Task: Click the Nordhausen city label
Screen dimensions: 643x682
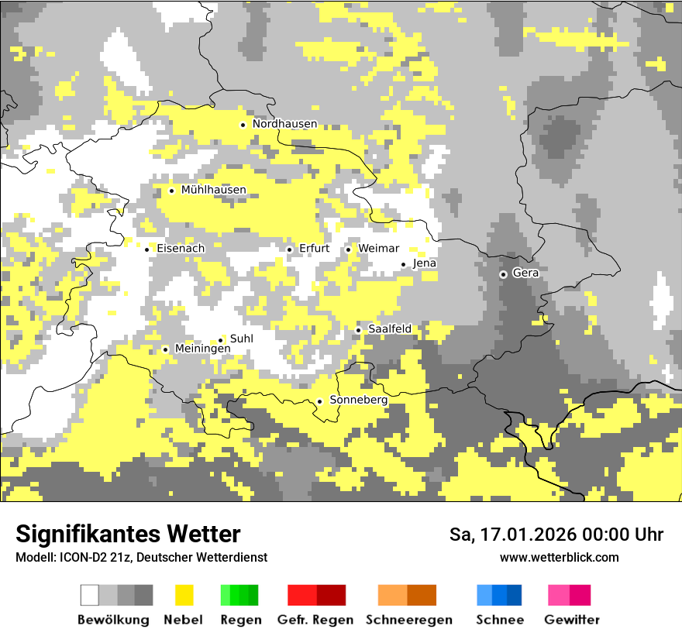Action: pyautogui.click(x=284, y=124)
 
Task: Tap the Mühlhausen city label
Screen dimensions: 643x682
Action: pyautogui.click(x=213, y=190)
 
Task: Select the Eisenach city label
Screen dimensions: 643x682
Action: pyautogui.click(x=181, y=249)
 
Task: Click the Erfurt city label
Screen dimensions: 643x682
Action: pyautogui.click(x=314, y=249)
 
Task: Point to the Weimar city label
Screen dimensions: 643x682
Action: pyautogui.click(x=378, y=249)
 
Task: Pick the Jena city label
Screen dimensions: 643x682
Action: pyautogui.click(x=425, y=263)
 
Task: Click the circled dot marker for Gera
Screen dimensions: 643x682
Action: pyautogui.click(x=503, y=274)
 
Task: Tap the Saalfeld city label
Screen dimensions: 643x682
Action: pyautogui.click(x=389, y=329)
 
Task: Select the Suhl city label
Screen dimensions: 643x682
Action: pyautogui.click(x=241, y=339)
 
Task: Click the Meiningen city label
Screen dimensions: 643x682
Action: pyautogui.click(x=202, y=349)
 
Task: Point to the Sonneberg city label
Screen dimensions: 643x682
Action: pyautogui.click(x=358, y=401)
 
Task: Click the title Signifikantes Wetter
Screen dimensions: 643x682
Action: pyautogui.click(x=128, y=534)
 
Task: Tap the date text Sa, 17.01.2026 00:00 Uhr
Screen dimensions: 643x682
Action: pyautogui.click(x=556, y=535)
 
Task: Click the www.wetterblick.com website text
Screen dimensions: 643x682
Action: pyautogui.click(x=559, y=557)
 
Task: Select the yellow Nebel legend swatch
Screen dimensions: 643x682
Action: pyautogui.click(x=184, y=595)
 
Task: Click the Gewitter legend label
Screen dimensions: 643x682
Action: pyautogui.click(x=572, y=620)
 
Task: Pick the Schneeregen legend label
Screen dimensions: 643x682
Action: pyautogui.click(x=409, y=620)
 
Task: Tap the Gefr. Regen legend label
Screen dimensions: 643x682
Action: pyautogui.click(x=315, y=620)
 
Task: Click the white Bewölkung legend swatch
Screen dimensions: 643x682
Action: pyautogui.click(x=90, y=595)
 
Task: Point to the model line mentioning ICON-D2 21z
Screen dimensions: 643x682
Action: pyautogui.click(x=141, y=557)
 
